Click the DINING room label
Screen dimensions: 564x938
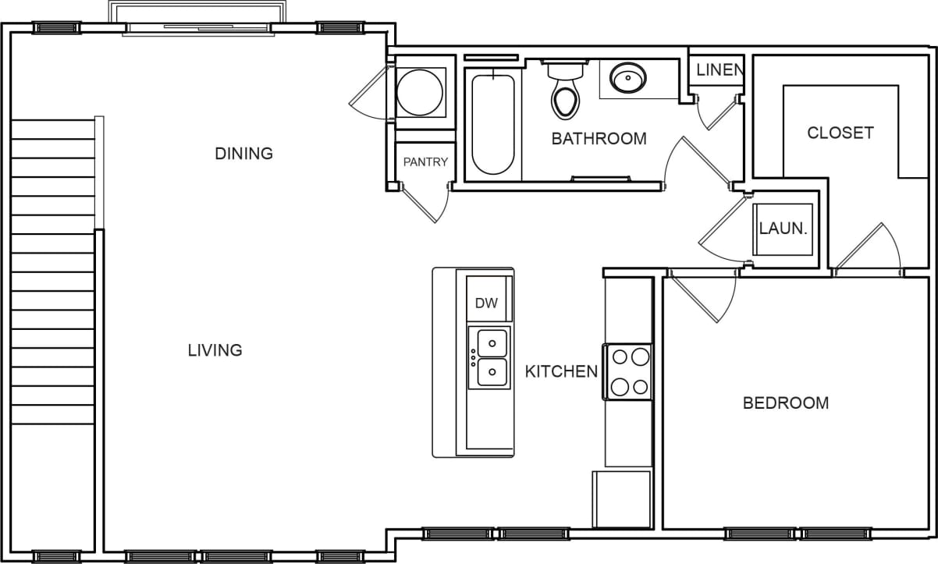[x=243, y=154]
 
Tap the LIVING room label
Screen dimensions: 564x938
[x=215, y=350]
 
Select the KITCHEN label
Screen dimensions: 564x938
[x=560, y=371]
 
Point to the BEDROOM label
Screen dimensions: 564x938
[x=785, y=403]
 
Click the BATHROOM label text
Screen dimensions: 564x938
[x=599, y=139]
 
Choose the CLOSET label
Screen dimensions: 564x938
[x=840, y=133]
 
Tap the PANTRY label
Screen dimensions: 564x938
[x=425, y=162]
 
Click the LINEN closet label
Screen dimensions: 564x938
[x=719, y=70]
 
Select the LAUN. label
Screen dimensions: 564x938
[x=782, y=229]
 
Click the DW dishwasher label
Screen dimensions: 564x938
[x=486, y=303]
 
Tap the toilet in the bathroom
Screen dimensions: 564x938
[x=566, y=90]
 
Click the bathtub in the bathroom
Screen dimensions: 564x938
[x=493, y=123]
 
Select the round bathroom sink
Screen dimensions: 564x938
[x=628, y=78]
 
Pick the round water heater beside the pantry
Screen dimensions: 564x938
[x=420, y=92]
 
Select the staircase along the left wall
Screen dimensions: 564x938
[x=53, y=273]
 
